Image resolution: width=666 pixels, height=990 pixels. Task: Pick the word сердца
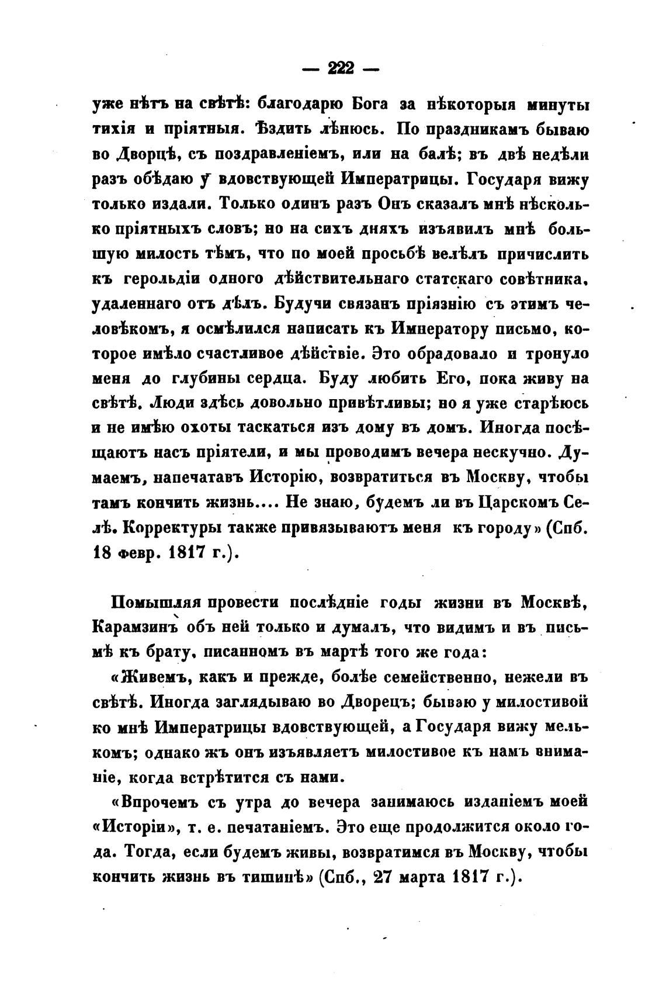[277, 378]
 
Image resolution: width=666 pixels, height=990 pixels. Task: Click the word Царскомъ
[521, 503]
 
